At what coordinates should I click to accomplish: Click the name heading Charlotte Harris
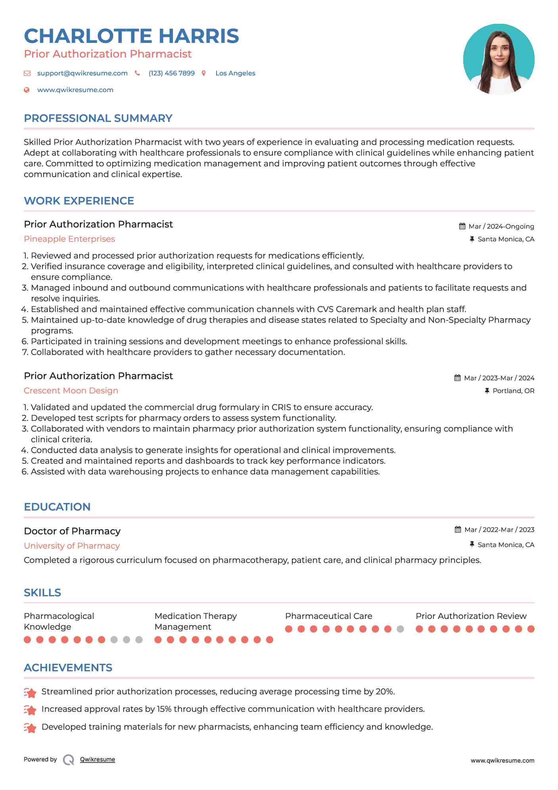tap(131, 36)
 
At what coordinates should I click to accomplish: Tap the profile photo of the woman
tap(499, 60)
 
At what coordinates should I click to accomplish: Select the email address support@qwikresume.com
tap(82, 73)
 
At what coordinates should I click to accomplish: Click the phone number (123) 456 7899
tap(171, 73)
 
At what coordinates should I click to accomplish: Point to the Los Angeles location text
tap(235, 73)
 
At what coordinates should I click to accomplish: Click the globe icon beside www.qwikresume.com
tap(27, 90)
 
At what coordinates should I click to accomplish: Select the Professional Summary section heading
tap(98, 118)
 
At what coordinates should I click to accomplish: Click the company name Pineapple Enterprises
tap(69, 239)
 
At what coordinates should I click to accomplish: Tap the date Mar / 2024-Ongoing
tap(501, 226)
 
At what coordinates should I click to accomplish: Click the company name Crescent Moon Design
tap(71, 391)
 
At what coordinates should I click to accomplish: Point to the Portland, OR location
tap(513, 391)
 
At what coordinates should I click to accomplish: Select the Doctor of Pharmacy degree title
tap(72, 531)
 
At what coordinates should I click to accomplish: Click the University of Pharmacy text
tap(72, 546)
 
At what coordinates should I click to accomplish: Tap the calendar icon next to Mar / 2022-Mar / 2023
tap(458, 530)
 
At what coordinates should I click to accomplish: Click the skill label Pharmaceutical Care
tap(328, 616)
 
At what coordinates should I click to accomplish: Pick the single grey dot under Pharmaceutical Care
tap(400, 629)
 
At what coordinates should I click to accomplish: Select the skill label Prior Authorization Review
tap(471, 616)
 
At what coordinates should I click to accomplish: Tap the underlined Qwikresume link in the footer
tap(98, 759)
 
